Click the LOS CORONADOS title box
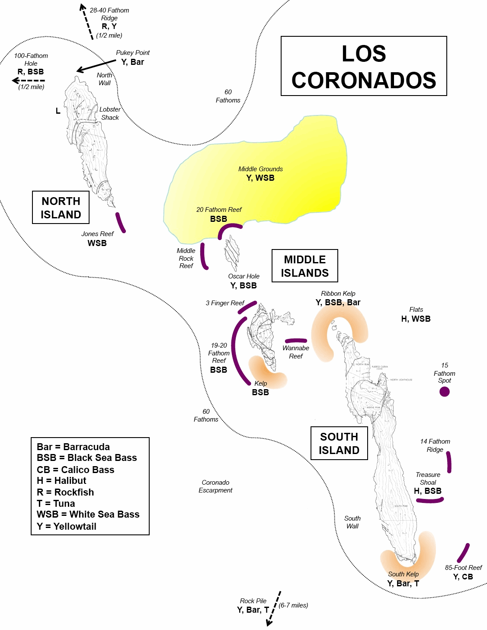[364, 66]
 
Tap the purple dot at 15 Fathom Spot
[444, 392]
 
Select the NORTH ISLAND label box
[61, 208]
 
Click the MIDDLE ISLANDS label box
[304, 266]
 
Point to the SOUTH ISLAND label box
[339, 443]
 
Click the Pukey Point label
[133, 53]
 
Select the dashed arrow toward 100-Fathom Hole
[29, 80]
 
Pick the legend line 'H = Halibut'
[61, 480]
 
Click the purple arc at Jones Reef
[120, 223]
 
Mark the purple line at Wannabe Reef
[296, 341]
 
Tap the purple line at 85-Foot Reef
[463, 553]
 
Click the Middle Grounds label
[260, 169]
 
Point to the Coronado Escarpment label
[215, 486]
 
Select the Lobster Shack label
[110, 113]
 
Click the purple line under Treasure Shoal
[429, 501]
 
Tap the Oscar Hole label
[243, 276]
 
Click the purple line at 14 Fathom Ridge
[449, 462]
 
